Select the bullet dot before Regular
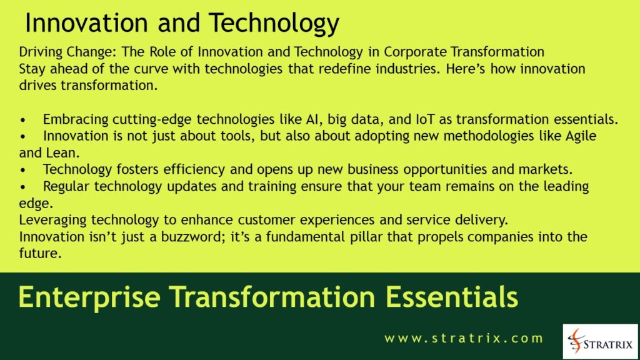24,187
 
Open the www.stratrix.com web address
464,339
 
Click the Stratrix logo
601,341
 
